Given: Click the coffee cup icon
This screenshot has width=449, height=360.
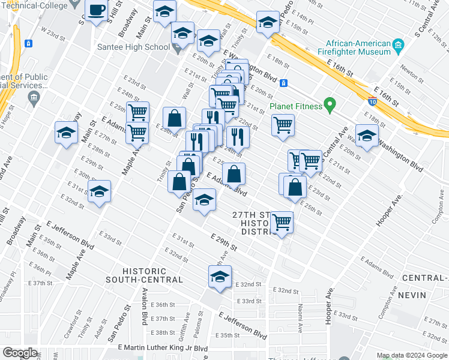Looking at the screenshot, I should click(97, 11).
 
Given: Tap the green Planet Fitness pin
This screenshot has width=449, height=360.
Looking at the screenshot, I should click(329, 106).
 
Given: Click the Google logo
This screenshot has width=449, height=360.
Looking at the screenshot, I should click(20, 353).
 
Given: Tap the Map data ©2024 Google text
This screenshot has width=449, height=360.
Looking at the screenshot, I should click(412, 355).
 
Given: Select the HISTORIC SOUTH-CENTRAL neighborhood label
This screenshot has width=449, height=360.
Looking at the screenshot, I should click(144, 275).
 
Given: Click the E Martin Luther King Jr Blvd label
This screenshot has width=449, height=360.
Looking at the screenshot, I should click(163, 348).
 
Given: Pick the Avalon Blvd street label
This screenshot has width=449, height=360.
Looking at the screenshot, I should click(145, 306).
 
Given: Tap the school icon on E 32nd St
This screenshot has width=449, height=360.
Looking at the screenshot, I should click(220, 277).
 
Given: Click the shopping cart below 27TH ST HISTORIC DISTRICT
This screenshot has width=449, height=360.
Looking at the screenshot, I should click(282, 221).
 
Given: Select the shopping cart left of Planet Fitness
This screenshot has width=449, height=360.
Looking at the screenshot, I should click(283, 125).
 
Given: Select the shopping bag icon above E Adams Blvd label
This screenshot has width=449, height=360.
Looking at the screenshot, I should click(234, 174).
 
